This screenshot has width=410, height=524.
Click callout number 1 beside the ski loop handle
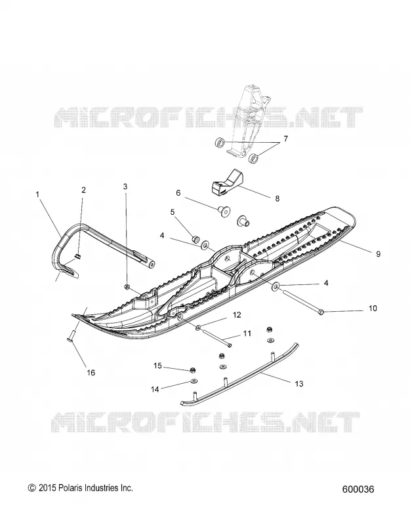[37, 194]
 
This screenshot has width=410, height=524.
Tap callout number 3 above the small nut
[125, 186]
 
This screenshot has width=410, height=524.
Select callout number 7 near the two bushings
[285, 138]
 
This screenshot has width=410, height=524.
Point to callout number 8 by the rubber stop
[277, 198]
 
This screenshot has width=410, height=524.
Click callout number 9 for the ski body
[378, 254]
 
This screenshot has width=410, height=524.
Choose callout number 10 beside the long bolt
[373, 308]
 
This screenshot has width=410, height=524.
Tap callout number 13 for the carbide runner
[299, 384]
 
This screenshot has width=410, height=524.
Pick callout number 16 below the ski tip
[91, 372]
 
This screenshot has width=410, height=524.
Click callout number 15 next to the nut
[157, 366]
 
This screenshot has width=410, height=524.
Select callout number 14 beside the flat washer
[155, 389]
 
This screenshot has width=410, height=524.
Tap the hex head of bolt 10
[320, 312]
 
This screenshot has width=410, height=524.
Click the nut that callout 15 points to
[192, 369]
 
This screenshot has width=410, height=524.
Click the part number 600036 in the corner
[358, 489]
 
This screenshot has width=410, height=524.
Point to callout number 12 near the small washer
[237, 315]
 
